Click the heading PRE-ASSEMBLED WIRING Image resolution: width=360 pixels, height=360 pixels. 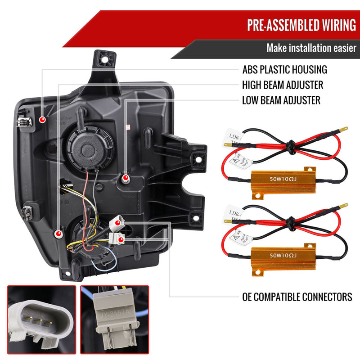(x=301, y=25)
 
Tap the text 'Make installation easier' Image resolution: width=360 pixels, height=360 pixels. (x=311, y=48)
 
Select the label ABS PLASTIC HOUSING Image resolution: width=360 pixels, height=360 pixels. (x=284, y=70)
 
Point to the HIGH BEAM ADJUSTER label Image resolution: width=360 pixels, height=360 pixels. (x=282, y=85)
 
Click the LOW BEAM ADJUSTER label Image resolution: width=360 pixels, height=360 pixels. (x=281, y=99)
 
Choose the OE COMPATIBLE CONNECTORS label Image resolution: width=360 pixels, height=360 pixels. (x=297, y=297)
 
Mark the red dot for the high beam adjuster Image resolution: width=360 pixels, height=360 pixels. (x=58, y=234)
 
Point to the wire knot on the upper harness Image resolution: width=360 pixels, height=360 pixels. (x=290, y=145)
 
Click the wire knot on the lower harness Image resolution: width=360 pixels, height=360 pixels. (x=291, y=222)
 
